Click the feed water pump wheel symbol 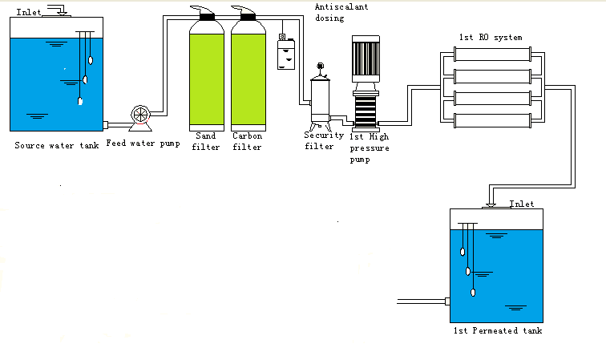pyautogui.click(x=140, y=115)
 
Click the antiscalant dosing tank pyautogui.click(x=286, y=54)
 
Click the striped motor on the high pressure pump pyautogui.click(x=366, y=59)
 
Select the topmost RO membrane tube pyautogui.click(x=492, y=55)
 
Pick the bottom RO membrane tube pyautogui.click(x=492, y=120)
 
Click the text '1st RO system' pyautogui.click(x=491, y=38)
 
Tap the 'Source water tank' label pyautogui.click(x=57, y=145)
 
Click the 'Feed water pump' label pyautogui.click(x=143, y=144)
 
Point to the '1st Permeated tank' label pyautogui.click(x=498, y=330)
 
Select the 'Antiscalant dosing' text pyautogui.click(x=341, y=12)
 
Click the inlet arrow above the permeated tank pyautogui.click(x=491, y=196)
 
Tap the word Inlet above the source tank pyautogui.click(x=29, y=12)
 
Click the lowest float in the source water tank pyautogui.click(x=80, y=101)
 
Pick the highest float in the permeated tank pyautogui.click(x=463, y=252)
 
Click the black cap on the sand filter pyautogui.click(x=207, y=17)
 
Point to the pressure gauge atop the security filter pyautogui.click(x=320, y=66)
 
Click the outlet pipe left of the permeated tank pyautogui.click(x=422, y=301)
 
